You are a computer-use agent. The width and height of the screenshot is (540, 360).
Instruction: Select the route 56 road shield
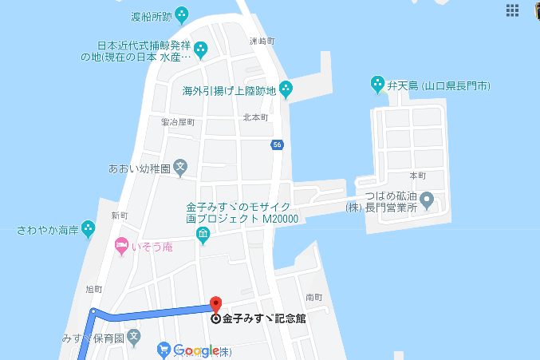277,144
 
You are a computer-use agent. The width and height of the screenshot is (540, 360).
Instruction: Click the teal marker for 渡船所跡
182,14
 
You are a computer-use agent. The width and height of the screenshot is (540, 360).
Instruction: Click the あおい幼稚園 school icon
181,168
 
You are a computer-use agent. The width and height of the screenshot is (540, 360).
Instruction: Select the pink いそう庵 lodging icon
121,244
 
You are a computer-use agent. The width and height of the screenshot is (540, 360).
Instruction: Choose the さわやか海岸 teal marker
88,229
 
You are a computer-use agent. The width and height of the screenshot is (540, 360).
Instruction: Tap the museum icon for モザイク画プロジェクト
203,235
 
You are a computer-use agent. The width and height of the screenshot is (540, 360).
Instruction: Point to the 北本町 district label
256,117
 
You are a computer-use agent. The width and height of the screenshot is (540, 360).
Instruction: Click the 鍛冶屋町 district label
178,122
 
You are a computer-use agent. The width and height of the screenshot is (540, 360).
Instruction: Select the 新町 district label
120,216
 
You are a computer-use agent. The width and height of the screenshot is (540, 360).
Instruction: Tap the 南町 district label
313,297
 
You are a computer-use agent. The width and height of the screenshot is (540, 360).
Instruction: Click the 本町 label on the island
418,175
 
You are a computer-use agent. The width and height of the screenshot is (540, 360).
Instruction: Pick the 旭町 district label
94,288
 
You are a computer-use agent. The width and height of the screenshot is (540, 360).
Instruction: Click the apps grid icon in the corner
512,10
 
